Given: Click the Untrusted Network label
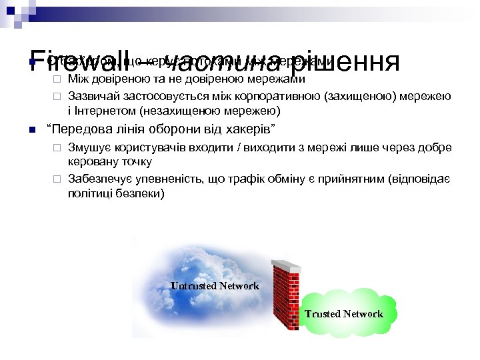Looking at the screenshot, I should (215, 286).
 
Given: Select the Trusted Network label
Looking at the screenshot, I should (344, 314).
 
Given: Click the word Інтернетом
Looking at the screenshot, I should (101, 110).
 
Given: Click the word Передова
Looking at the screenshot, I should (73, 128).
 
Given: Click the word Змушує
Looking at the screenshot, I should (87, 148).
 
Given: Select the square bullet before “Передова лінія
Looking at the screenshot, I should (32, 129).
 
